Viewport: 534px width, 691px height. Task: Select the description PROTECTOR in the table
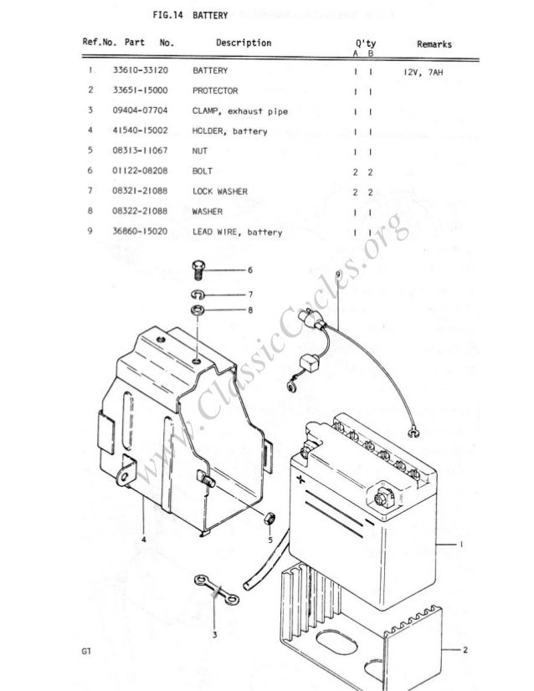point(215,90)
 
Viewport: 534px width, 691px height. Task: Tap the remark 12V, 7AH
point(424,72)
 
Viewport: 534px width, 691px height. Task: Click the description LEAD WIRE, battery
point(237,232)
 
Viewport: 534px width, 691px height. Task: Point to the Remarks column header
point(434,44)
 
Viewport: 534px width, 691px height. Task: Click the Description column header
point(243,43)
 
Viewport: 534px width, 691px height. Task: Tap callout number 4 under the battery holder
point(143,540)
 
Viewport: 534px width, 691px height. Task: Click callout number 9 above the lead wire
point(337,275)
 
